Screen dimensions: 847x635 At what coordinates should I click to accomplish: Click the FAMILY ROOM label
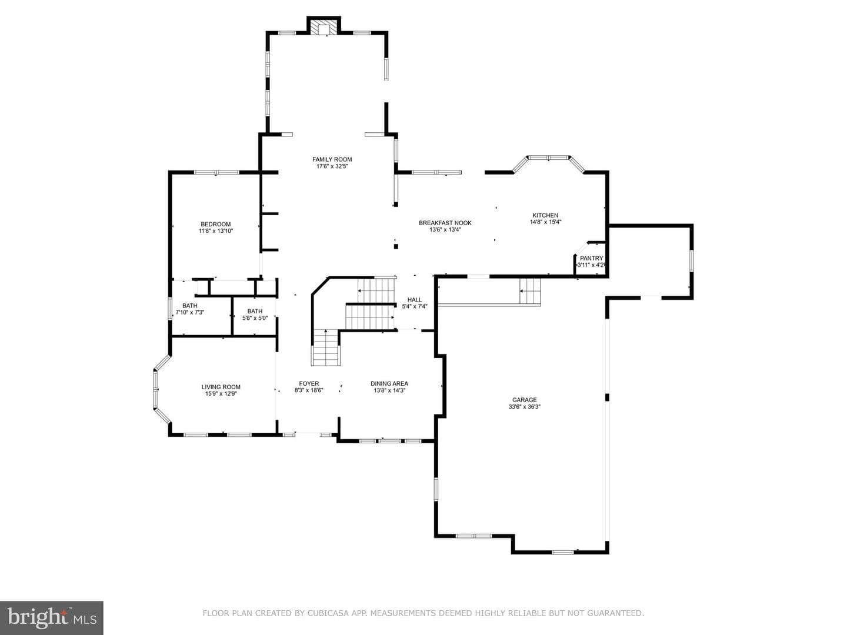332,159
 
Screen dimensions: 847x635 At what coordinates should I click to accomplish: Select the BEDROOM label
216,224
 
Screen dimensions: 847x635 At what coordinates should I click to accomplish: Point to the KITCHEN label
545,215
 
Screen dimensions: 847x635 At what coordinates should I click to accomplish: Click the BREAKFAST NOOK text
445,223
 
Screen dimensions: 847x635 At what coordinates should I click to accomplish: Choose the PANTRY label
591,258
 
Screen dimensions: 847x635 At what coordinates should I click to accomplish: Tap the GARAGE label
525,400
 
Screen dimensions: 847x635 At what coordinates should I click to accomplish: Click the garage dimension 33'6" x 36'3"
525,407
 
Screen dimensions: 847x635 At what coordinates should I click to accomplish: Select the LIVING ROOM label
221,387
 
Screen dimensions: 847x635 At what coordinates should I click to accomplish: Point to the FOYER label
309,383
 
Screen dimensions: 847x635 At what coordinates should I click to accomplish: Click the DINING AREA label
389,383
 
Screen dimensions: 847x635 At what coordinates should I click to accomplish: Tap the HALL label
415,300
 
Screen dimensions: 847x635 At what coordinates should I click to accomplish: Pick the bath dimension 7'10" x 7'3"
190,312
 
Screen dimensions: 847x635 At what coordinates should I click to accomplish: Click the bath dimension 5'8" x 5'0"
255,318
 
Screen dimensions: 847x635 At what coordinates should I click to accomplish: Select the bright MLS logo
52,618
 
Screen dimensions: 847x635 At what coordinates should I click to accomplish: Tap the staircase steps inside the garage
530,291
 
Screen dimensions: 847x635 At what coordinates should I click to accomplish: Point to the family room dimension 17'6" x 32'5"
332,166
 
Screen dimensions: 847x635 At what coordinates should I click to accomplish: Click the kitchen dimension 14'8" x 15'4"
545,222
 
